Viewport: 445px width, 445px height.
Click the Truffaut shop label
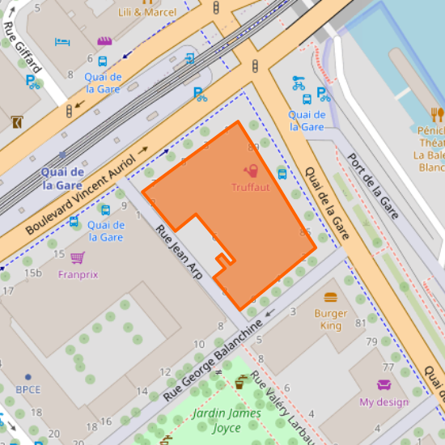[x=251, y=188]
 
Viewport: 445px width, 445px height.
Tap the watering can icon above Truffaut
[x=251, y=172]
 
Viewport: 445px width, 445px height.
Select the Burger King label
[x=330, y=320]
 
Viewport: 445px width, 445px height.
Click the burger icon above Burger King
[x=330, y=298]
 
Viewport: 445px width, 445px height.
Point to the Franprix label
[x=78, y=274]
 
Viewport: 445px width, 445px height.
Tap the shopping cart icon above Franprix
[x=77, y=258]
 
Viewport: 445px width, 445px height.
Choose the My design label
[x=384, y=402]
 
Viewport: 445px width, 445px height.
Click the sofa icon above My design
[x=384, y=385]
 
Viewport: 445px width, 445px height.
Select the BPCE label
[x=28, y=389]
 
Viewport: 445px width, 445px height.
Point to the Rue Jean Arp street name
[x=178, y=250]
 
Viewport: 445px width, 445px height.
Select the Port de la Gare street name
[x=373, y=186]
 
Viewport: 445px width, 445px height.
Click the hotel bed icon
[x=62, y=41]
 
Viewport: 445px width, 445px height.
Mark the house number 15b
[x=32, y=273]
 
